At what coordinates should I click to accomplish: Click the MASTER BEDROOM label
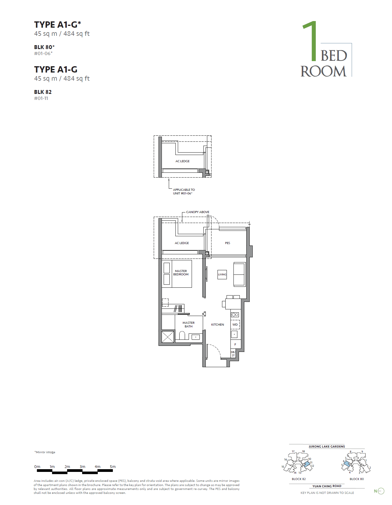coord(181,273)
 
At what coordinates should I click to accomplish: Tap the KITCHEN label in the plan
coord(218,324)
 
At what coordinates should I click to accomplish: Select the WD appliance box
coord(235,324)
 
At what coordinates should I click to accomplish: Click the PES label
coord(227,243)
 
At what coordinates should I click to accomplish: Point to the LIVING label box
coord(222,274)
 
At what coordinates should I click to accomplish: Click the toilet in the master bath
coord(182,335)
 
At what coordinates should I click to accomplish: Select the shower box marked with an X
coord(168,337)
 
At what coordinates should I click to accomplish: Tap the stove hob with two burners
coord(235,315)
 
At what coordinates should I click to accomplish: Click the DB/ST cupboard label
coord(233,354)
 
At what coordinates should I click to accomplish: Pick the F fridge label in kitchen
coord(235,344)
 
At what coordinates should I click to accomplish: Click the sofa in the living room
coord(239,274)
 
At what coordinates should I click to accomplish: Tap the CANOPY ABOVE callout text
coord(198,212)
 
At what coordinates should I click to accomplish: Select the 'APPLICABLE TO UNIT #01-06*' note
coord(184,191)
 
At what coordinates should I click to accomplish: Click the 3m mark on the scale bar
coord(82,467)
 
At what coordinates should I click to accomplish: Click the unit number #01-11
coord(41,98)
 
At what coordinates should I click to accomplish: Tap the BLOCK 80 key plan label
coord(357,479)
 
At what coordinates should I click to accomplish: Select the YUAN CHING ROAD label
coord(327,486)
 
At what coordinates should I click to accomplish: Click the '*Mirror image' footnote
coord(45,452)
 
